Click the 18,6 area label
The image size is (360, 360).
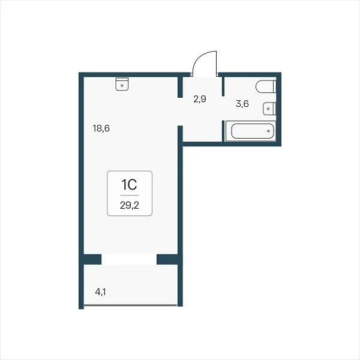coord(101,128)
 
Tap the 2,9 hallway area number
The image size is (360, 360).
coord(200,99)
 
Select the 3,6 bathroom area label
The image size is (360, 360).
coord(242,104)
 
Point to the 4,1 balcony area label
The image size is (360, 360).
coord(101,292)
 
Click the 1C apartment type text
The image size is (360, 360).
coord(129,185)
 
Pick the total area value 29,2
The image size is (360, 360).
coord(130,205)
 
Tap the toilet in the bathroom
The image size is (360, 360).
coord(266,86)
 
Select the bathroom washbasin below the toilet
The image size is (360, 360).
coord(269,109)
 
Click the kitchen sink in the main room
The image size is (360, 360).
coord(122,84)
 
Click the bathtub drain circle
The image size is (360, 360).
coord(268,131)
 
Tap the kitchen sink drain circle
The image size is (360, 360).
coord(122,85)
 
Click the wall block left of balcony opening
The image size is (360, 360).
coord(92,259)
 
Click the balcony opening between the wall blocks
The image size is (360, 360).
coord(129,259)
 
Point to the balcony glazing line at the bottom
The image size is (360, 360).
coord(130,305)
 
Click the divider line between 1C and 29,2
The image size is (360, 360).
coord(130,195)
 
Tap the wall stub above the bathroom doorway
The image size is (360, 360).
coord(223,86)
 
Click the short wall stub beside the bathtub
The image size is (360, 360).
coord(223,131)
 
